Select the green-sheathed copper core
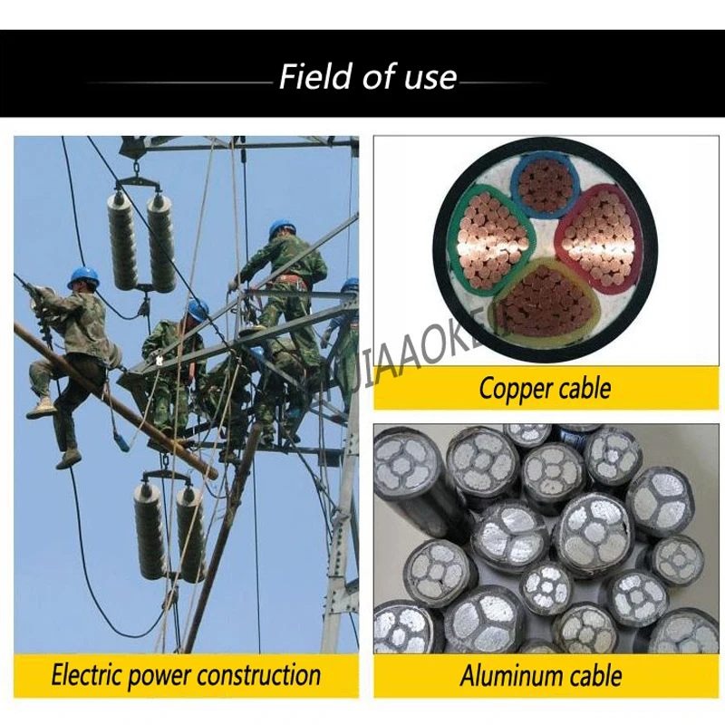(x=490, y=240)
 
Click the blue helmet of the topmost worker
(x=282, y=228)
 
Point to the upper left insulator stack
(x=123, y=240)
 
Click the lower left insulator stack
(x=150, y=530)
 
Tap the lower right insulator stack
(x=190, y=535)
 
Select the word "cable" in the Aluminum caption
(x=591, y=675)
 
